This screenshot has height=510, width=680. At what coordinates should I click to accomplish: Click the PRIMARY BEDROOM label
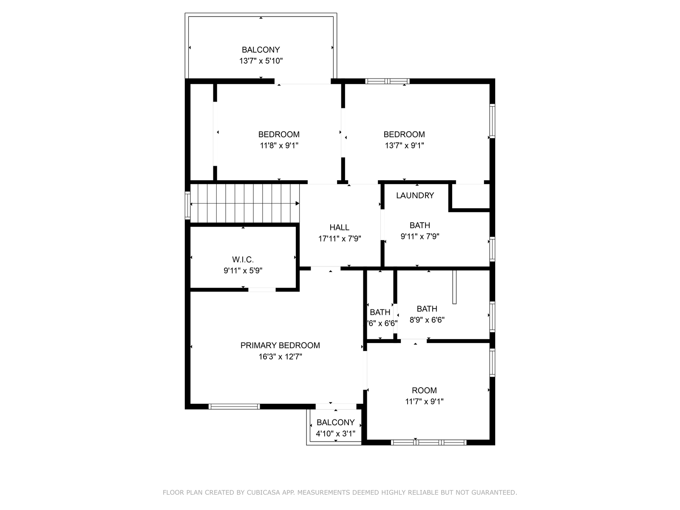[x=280, y=345]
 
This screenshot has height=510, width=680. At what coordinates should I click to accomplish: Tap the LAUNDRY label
[x=415, y=195]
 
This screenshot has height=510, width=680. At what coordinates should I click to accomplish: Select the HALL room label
[x=340, y=228]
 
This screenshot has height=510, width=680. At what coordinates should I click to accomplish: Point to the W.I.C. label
[x=243, y=260]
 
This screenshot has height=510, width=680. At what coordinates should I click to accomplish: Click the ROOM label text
[x=424, y=391]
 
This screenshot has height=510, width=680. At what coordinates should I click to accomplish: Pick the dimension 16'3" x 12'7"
[x=280, y=357]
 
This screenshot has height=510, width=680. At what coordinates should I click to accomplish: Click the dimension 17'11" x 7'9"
[x=340, y=239]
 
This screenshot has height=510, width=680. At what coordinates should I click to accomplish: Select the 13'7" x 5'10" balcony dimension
[x=261, y=61]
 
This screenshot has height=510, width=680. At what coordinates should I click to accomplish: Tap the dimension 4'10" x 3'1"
[x=335, y=433]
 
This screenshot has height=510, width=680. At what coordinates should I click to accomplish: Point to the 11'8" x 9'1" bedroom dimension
[x=279, y=145]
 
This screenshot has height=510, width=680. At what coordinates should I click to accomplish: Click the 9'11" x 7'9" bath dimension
[x=420, y=237]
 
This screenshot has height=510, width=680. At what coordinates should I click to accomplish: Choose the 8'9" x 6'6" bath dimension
[x=427, y=320]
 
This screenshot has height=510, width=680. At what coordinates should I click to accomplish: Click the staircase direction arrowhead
[x=297, y=204]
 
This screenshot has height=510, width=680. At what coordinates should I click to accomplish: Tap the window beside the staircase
[x=187, y=205]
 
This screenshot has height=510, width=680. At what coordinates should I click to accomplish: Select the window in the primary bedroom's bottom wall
[x=234, y=407]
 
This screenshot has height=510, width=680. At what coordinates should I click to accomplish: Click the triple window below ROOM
[x=429, y=442]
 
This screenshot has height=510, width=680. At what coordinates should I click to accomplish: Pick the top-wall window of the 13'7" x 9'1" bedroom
[x=387, y=82]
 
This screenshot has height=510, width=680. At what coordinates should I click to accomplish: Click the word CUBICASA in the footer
[x=262, y=492]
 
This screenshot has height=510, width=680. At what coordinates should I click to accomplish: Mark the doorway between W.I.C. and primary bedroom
[x=262, y=290]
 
